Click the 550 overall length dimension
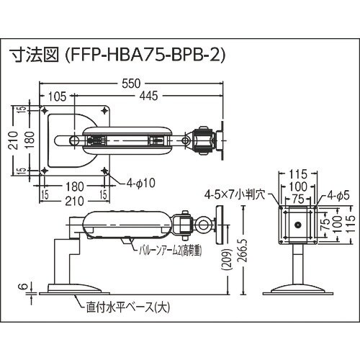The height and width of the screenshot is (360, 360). (130, 84)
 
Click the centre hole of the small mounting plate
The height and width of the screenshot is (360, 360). (295, 225)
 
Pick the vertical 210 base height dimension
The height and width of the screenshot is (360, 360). (12, 138)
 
